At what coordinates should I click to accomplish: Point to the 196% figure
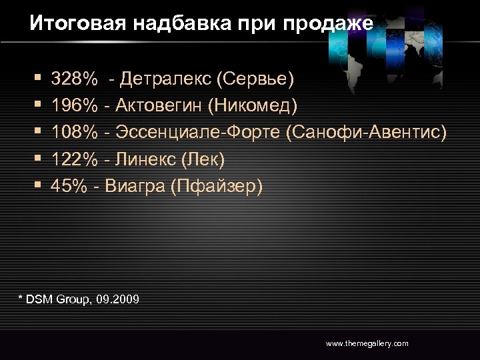[x=73, y=106]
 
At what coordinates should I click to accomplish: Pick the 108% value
[x=73, y=133]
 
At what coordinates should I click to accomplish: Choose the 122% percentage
[x=73, y=159]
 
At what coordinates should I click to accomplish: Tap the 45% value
[x=69, y=186]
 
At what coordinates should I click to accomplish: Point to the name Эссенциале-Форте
[x=197, y=133]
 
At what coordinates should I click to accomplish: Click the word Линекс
[x=145, y=159]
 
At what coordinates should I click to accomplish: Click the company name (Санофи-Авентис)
[x=366, y=133]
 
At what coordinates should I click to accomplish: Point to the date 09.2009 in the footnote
[x=118, y=300]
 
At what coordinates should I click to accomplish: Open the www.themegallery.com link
[x=367, y=343]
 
